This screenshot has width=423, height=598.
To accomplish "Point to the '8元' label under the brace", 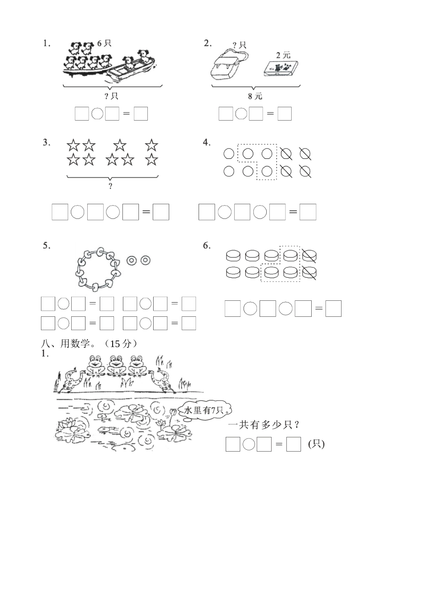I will [x=256, y=96].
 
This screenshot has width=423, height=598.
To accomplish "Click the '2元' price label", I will [x=283, y=55].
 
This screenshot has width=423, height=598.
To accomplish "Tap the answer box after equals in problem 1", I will [x=141, y=114].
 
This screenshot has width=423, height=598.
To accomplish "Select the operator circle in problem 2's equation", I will [x=241, y=114].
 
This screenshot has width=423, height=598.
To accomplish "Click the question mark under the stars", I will [x=111, y=186].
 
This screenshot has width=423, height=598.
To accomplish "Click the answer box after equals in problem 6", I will [x=333, y=309].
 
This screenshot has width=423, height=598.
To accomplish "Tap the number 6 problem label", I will [x=207, y=246].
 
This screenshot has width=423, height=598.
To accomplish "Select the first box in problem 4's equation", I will [x=207, y=212].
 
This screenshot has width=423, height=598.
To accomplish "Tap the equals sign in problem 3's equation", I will [x=146, y=212].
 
